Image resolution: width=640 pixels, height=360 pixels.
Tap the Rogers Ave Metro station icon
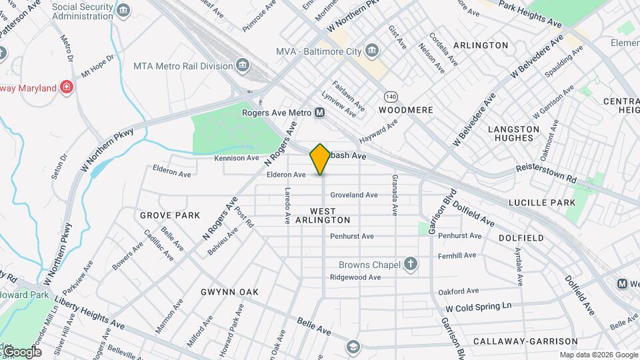(x=320, y=113)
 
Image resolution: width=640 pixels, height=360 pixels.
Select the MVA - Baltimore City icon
(x=371, y=51)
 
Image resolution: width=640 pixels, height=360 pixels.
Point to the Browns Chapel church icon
(x=411, y=265)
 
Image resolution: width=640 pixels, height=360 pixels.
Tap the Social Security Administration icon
(x=123, y=9)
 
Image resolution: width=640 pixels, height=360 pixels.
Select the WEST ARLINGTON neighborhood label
(x=322, y=215)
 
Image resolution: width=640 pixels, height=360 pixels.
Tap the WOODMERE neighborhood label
(x=406, y=110)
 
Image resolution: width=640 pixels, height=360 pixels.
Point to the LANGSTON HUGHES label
(x=513, y=133)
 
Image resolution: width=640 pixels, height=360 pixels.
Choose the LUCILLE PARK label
(x=541, y=202)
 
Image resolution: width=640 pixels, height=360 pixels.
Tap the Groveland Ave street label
(x=354, y=195)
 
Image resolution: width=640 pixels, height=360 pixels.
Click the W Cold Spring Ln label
(x=478, y=307)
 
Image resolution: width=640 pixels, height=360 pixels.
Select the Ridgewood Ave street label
(x=355, y=277)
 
